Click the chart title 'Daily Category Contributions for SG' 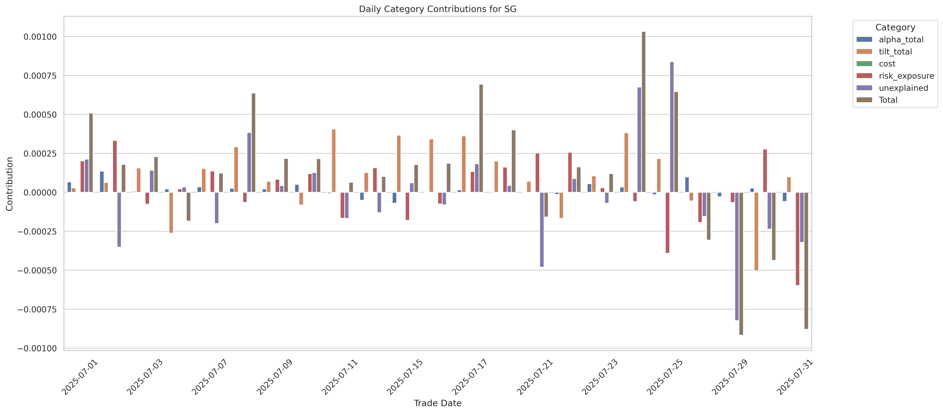(437, 9)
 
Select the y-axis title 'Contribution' (10, 184)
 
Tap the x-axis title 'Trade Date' (437, 403)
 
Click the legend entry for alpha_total (901, 39)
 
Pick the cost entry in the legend (887, 64)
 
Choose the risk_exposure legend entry (906, 76)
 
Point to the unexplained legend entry (903, 88)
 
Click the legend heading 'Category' (895, 27)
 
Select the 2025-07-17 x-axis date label (470, 377)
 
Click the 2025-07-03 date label (145, 377)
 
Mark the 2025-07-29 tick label (730, 377)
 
